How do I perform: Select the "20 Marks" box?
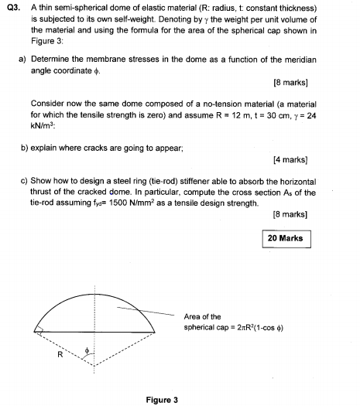coord(286,239)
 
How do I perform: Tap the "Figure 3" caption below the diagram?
coord(162,399)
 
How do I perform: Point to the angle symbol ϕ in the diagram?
coord(88,350)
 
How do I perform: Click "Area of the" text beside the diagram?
coord(203,316)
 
